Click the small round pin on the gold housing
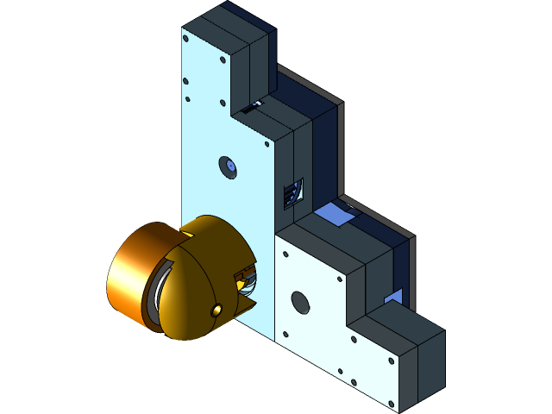pos(216,309)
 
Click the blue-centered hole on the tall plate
pos(229,166)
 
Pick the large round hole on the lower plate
pos(299,302)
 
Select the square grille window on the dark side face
pos(293,193)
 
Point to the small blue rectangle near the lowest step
pos(393,297)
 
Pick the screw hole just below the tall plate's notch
pos(266,143)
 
